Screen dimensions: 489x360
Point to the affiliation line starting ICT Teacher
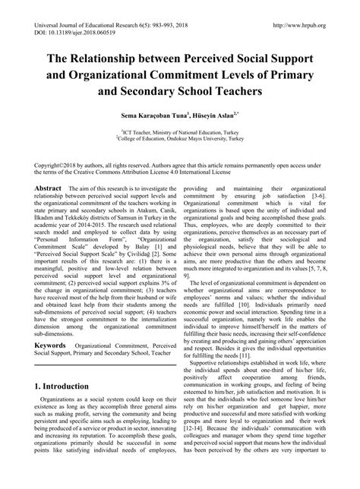(x=179, y=131)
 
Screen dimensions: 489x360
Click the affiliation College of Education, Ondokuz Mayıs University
(x=179, y=139)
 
